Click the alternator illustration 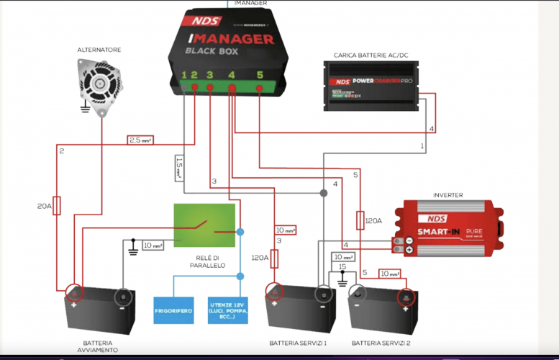click(99, 83)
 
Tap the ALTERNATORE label click(99, 50)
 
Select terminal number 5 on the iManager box click(260, 75)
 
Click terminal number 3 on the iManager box click(209, 75)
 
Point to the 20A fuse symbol click(57, 206)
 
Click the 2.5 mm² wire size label click(141, 140)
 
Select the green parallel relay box click(204, 225)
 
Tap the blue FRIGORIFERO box click(173, 310)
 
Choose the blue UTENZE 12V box click(227, 310)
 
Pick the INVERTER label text click(447, 194)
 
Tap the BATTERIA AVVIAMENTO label click(98, 347)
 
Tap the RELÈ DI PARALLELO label click(204, 261)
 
